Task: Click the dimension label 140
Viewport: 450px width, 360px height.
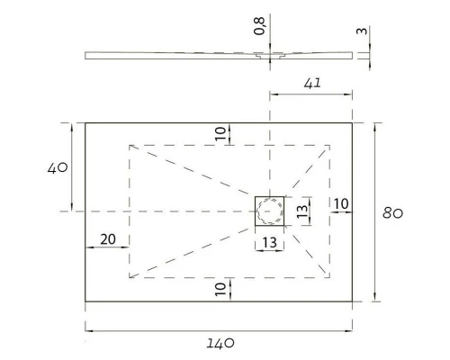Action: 221,343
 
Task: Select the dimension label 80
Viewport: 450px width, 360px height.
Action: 393,213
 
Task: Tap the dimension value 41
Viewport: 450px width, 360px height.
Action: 312,84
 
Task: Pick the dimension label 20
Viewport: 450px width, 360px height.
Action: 107,239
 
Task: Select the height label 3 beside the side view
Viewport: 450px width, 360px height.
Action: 360,32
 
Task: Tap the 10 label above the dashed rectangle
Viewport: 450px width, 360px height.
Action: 221,133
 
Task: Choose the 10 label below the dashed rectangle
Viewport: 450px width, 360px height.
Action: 221,289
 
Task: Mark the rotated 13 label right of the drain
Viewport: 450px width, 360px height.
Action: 302,211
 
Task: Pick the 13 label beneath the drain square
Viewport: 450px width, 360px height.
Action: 269,243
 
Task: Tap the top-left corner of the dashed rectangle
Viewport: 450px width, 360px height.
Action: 130,144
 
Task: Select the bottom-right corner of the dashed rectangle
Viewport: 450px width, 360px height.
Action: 330,277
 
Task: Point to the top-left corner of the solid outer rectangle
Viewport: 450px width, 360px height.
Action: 85,122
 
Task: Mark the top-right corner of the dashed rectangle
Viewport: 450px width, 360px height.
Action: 330,144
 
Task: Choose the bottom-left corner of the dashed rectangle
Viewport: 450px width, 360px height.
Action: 130,277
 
